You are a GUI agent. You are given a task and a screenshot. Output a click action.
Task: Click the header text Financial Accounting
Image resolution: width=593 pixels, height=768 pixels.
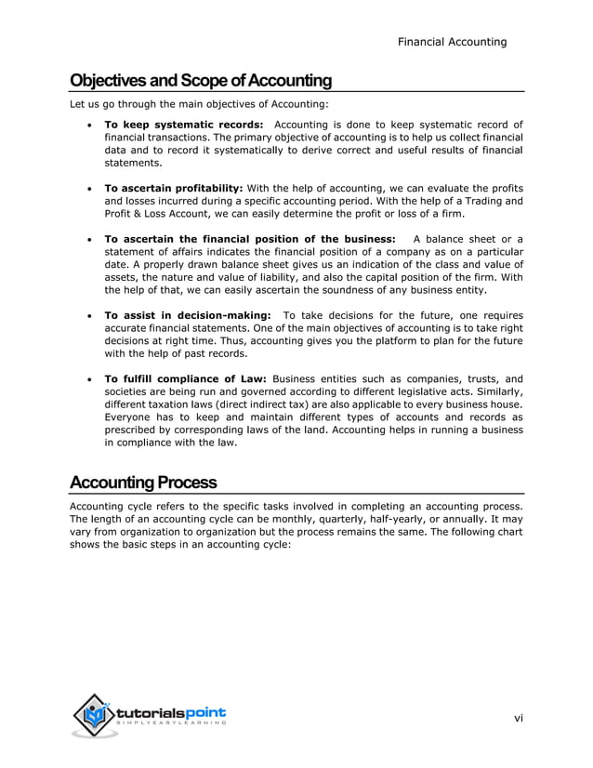click(x=452, y=42)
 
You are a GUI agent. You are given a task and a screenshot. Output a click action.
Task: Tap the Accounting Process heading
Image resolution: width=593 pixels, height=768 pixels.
click(x=143, y=483)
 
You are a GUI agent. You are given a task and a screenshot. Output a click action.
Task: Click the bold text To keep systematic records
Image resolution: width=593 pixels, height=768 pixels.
click(x=183, y=125)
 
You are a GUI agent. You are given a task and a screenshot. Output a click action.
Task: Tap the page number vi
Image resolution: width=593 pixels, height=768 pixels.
click(x=519, y=718)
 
